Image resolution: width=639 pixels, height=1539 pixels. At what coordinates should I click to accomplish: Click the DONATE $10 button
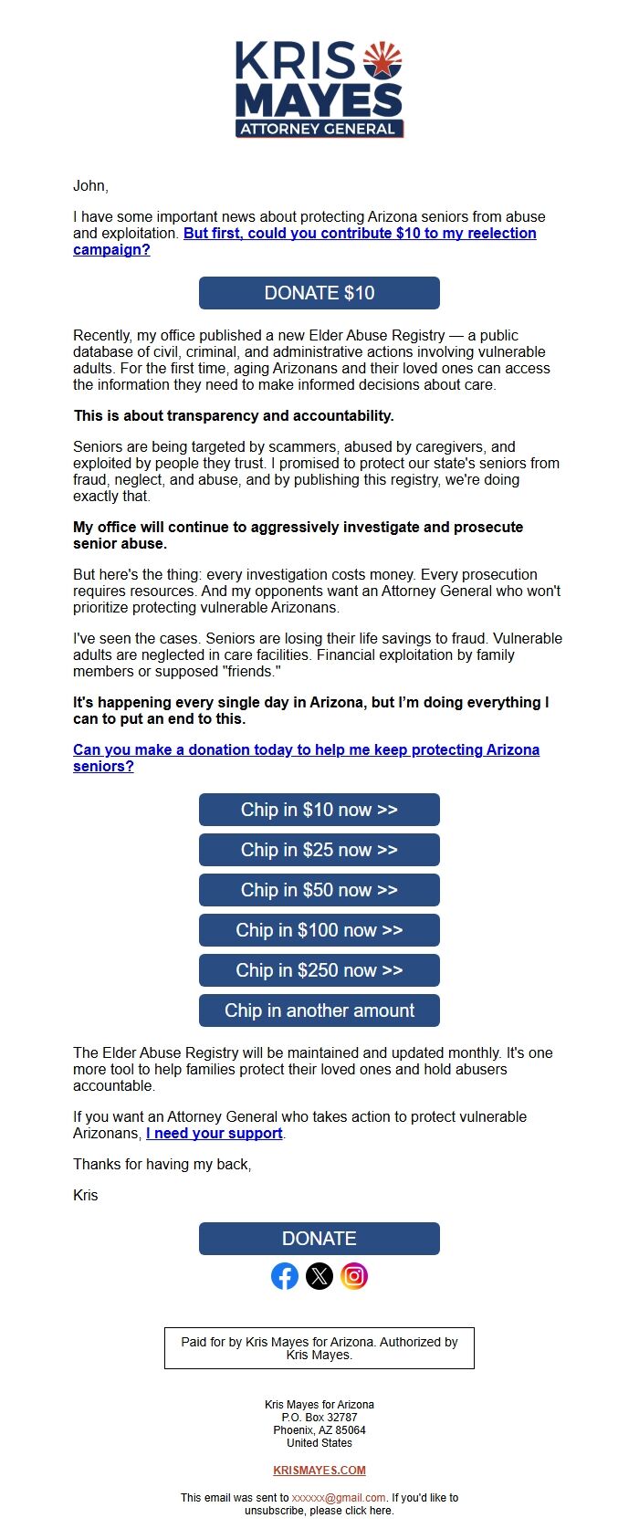click(x=319, y=293)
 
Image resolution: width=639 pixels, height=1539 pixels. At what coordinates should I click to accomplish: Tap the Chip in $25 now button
click(x=319, y=850)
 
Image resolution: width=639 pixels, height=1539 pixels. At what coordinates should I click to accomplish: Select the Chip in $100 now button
click(x=319, y=930)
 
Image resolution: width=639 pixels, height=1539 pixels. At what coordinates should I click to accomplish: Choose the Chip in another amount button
click(x=319, y=1010)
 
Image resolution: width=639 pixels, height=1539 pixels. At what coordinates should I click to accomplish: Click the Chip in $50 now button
click(x=319, y=890)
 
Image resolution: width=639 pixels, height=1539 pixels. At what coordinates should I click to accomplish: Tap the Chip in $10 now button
click(x=319, y=810)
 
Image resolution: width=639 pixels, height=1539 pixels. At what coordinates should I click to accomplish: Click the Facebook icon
click(x=285, y=1276)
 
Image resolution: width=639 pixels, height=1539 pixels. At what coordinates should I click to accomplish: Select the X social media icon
click(x=319, y=1276)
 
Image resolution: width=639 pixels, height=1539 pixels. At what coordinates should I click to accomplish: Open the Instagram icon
click(x=354, y=1276)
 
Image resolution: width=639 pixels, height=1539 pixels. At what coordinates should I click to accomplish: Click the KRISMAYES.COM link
click(x=319, y=1471)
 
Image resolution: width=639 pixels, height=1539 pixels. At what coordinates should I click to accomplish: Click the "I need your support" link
click(x=215, y=1133)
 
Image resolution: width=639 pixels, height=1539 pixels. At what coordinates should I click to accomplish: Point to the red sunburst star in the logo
click(x=382, y=60)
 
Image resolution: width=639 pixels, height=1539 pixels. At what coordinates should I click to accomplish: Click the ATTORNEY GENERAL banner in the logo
click(x=319, y=129)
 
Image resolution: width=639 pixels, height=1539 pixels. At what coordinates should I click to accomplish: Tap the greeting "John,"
click(x=90, y=186)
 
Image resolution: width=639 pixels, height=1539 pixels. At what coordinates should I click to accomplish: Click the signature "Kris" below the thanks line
click(x=85, y=1196)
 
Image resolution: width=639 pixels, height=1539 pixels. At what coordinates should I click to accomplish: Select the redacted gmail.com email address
click(x=339, y=1498)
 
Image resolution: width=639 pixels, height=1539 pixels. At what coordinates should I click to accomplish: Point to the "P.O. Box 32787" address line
click(x=319, y=1418)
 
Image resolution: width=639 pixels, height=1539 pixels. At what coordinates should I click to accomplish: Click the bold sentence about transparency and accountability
click(x=234, y=416)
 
